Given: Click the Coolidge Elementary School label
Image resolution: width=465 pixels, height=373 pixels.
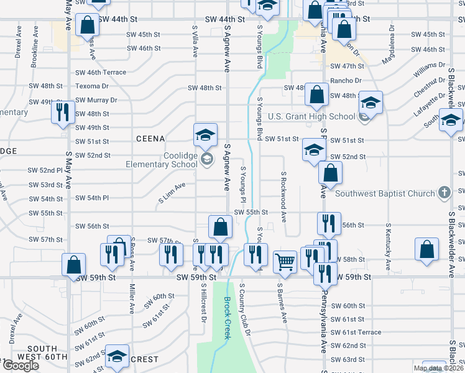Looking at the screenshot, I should [164, 160].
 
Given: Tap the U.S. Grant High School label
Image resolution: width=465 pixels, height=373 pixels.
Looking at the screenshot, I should [311, 116].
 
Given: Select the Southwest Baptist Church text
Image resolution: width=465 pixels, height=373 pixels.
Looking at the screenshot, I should [385, 193].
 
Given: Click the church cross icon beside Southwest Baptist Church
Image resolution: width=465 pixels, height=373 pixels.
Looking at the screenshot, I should [444, 193].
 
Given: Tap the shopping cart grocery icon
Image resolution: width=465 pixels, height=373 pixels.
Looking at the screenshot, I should [285, 262].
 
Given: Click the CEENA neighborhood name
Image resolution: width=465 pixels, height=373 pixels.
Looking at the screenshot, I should [150, 139].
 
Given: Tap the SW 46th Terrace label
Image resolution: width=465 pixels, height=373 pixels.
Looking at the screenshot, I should [101, 73].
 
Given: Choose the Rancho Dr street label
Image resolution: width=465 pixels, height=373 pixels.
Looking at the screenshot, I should [346, 81].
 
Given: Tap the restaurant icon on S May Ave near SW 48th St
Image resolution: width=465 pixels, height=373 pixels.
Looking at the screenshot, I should [63, 112].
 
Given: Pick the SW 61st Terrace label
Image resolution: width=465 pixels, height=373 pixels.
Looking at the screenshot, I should [356, 333].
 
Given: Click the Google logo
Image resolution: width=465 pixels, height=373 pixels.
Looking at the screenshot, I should [20, 366].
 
